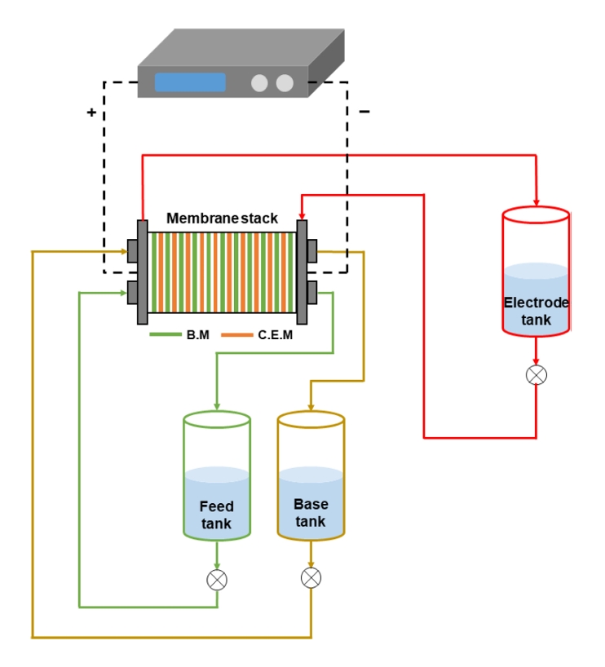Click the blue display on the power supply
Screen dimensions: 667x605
pyautogui.click(x=190, y=82)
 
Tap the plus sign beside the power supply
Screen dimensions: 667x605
pyautogui.click(x=91, y=113)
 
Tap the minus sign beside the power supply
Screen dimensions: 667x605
pyautogui.click(x=364, y=112)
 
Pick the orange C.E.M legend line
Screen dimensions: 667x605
pyautogui.click(x=237, y=334)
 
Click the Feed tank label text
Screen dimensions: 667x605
pyautogui.click(x=216, y=515)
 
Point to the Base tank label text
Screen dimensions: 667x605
pyautogui.click(x=310, y=512)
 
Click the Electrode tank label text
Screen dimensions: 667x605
pyautogui.click(x=536, y=311)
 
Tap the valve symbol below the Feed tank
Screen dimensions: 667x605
pyautogui.click(x=217, y=580)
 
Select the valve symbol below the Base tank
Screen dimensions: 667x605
pyautogui.click(x=311, y=578)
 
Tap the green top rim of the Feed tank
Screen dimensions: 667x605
pyautogui.click(x=217, y=419)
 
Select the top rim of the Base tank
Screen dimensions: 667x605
pyautogui.click(x=311, y=419)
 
